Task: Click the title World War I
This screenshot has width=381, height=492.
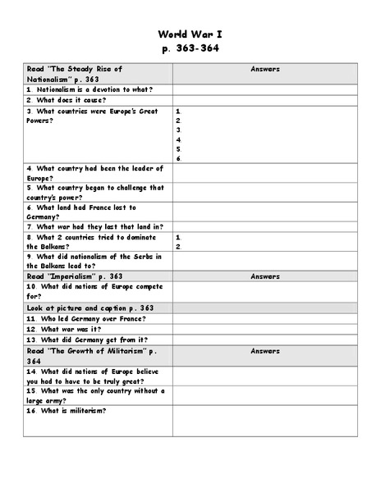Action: pos(190,34)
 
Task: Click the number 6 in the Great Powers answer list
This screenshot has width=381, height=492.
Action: pos(178,158)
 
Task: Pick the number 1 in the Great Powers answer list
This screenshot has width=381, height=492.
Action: pos(178,110)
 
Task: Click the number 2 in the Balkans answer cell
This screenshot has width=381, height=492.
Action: pos(178,246)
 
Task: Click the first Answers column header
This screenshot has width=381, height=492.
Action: pos(265,70)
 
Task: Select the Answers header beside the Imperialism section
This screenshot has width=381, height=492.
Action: pos(265,276)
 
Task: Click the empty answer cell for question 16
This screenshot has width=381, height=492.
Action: pos(265,420)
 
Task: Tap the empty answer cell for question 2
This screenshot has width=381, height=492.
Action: pos(265,99)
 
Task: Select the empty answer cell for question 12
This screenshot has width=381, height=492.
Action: pos(265,329)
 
